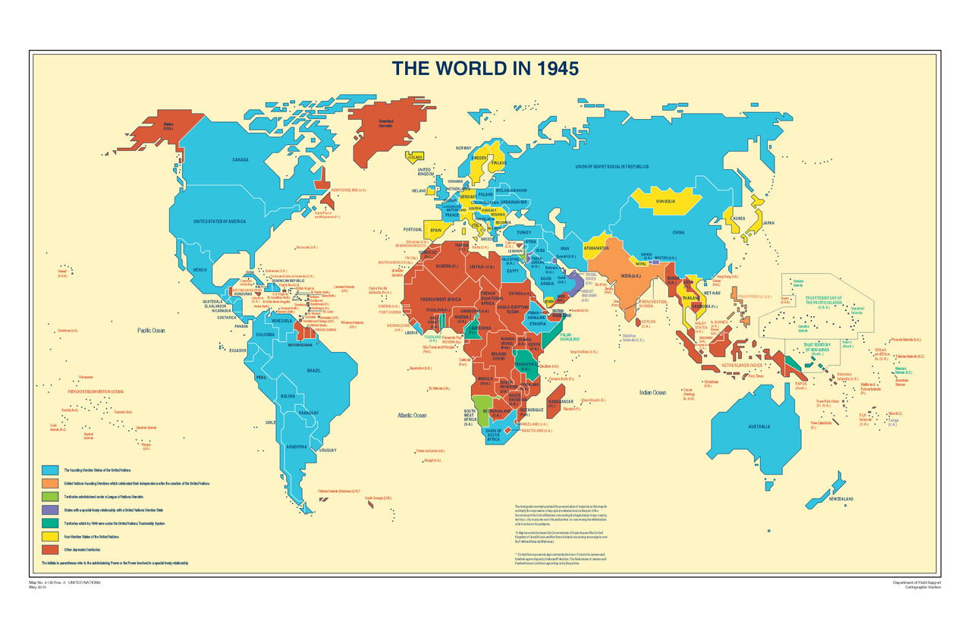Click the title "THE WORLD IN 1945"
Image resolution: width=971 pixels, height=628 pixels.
click(x=485, y=68)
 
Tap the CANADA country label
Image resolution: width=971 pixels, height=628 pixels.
click(x=240, y=160)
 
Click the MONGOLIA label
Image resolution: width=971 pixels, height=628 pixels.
click(x=665, y=201)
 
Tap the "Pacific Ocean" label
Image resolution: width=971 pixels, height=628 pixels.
click(x=151, y=331)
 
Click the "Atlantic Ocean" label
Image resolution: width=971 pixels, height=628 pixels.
click(x=412, y=415)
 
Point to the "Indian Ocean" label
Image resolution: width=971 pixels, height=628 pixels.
click(x=652, y=392)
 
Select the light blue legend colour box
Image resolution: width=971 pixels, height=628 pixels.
click(x=50, y=470)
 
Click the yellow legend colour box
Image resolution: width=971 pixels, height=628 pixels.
click(x=50, y=536)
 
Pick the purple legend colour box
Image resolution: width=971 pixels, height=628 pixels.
click(x=50, y=510)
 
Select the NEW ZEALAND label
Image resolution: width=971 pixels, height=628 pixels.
click(x=841, y=498)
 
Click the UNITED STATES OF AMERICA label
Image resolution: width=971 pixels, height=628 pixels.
click(x=219, y=221)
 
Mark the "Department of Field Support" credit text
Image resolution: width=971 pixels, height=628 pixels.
click(x=918, y=582)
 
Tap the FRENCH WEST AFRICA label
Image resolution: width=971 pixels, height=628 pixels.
click(x=440, y=300)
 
